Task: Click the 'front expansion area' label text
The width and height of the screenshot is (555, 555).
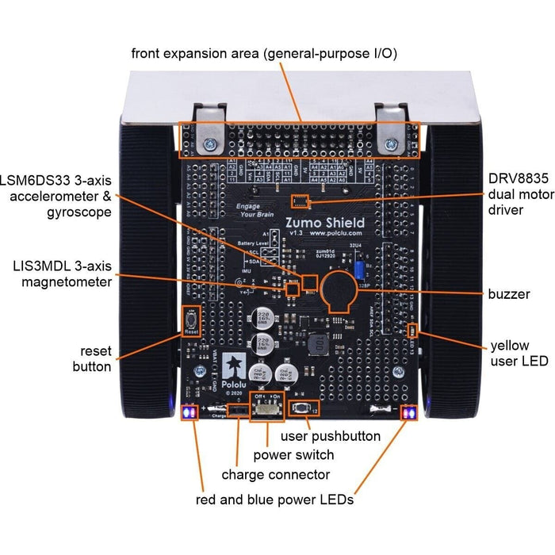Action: coord(265,53)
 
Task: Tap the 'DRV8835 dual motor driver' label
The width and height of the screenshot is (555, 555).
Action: coord(517,193)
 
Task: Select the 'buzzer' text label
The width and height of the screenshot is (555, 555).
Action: coord(509,294)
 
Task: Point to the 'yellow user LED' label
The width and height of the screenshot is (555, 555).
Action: coord(519,354)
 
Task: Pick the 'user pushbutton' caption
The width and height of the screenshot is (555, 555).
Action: coord(332,436)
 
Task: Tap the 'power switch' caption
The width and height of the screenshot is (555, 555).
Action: coord(293,455)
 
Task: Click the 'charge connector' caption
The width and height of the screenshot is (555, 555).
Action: coord(275,475)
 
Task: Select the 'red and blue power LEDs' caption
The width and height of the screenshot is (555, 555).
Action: coord(274,499)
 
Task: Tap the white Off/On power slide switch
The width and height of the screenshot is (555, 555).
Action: coord(266,409)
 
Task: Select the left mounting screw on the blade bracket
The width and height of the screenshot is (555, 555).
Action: coord(209,144)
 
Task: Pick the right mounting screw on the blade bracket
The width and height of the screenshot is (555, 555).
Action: coord(391,144)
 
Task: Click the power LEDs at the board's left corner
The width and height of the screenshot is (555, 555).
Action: coord(189,413)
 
